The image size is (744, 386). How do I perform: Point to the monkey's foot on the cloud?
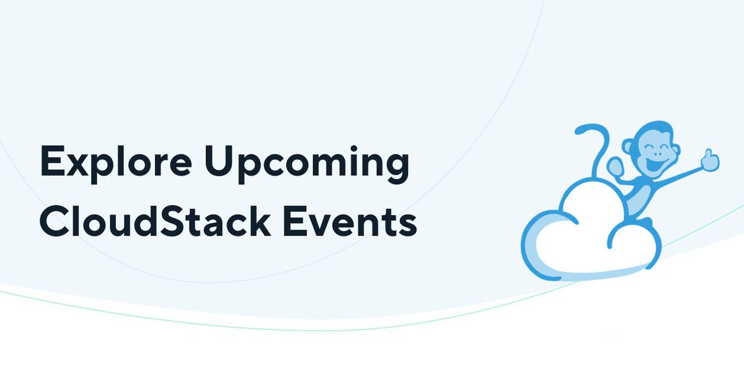click(x=645, y=222)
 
